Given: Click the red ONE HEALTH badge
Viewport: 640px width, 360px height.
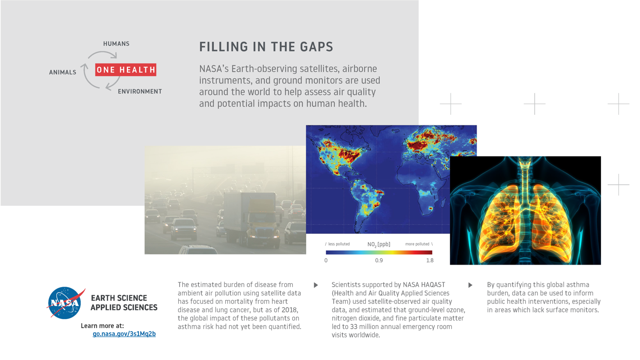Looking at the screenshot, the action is point(126,70).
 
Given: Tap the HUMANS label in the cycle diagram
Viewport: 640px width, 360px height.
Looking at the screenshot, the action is point(116,43).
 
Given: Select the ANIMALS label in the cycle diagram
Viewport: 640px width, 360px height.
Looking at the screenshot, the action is point(62,72).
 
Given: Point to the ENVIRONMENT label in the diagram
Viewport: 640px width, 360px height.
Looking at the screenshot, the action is point(140,91).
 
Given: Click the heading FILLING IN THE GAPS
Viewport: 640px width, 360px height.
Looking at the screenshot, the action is point(266,47).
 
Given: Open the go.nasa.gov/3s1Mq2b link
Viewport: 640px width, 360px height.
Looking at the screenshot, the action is point(124,334).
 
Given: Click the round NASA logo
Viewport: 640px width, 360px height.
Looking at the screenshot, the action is point(65,303).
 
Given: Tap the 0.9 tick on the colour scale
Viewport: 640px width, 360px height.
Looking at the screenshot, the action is point(379,260).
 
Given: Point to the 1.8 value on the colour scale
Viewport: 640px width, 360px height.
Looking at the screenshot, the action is point(430,260).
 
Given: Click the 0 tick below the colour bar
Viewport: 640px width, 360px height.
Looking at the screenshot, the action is point(326,260).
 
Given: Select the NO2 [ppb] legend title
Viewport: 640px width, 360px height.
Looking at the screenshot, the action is point(379,244).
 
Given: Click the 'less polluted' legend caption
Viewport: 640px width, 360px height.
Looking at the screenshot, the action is point(339,244).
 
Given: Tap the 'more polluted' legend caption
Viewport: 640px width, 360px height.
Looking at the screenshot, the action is point(417,244).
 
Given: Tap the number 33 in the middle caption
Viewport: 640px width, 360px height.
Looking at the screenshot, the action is point(354,327).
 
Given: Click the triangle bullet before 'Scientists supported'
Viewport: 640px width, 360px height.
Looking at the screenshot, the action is point(316,285).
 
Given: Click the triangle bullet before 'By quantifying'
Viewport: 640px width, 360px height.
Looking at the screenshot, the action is point(470,285).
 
